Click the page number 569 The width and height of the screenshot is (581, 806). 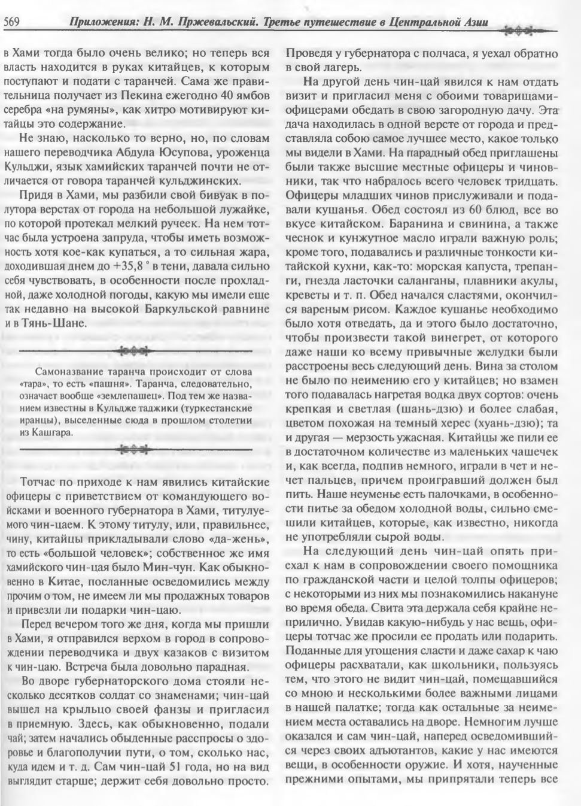click(13, 23)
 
